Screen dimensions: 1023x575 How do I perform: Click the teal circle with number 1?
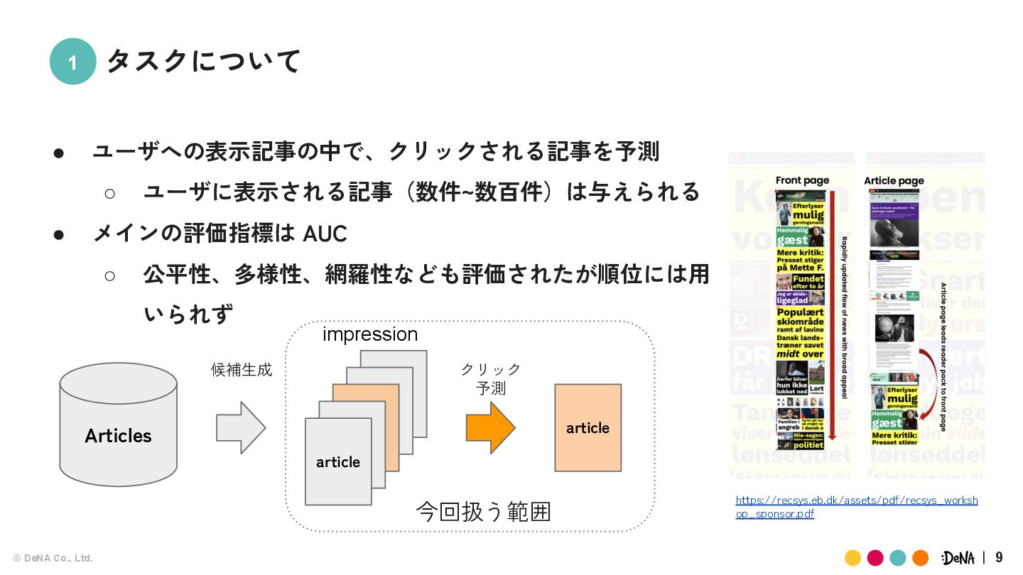pos(72,62)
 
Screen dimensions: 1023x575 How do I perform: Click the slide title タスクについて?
pos(204,61)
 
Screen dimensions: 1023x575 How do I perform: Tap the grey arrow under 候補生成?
pos(241,427)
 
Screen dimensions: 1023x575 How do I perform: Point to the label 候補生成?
pos(242,370)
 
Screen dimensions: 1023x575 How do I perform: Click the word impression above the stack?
pos(370,334)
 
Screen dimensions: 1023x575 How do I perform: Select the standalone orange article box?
pos(588,427)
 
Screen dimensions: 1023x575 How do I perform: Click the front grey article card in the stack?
pos(338,461)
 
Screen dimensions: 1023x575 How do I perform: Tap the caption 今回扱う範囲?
pos(483,512)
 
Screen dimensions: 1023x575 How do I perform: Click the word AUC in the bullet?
pos(325,233)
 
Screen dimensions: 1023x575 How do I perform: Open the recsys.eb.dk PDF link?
pos(856,507)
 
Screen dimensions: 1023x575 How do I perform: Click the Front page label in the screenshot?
pos(802,180)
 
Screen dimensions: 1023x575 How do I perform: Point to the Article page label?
pos(894,180)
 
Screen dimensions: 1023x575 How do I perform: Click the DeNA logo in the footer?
pos(958,558)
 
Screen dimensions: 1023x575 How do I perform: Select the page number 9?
pos(999,557)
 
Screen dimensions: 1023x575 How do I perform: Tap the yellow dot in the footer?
pos(853,558)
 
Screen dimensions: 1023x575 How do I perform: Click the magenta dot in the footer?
pos(875,558)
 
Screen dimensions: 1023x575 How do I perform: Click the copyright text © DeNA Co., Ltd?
pos(53,558)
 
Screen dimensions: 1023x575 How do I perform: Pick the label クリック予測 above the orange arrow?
pos(490,378)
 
